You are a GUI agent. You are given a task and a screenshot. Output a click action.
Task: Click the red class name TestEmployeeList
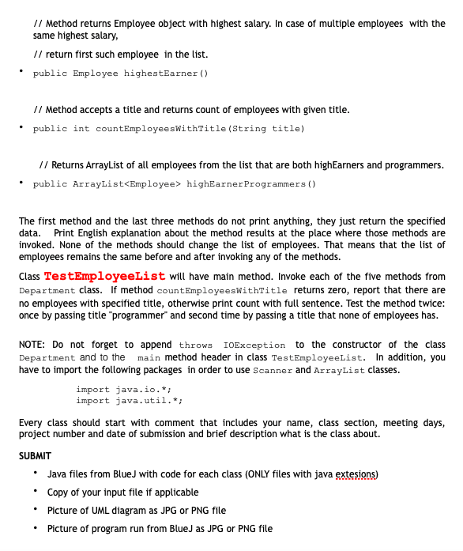(x=104, y=276)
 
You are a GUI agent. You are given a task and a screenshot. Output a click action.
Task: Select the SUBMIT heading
(x=35, y=456)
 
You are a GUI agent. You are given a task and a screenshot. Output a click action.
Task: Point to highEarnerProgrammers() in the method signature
(x=253, y=184)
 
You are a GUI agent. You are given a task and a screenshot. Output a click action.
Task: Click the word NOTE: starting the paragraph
(x=32, y=345)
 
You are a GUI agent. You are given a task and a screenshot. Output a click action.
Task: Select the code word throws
(x=196, y=345)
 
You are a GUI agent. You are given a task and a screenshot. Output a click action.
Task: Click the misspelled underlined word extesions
(x=356, y=474)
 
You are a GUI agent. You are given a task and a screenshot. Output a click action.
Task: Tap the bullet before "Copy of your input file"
(x=36, y=493)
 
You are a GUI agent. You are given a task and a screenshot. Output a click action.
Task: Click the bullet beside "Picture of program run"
(x=36, y=529)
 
